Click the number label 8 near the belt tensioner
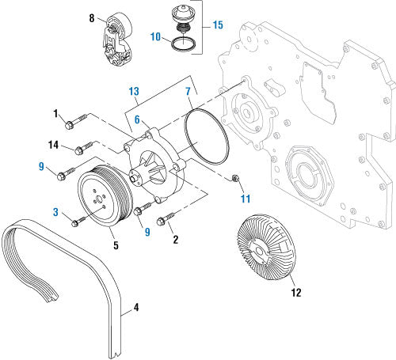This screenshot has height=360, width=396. click(x=92, y=17)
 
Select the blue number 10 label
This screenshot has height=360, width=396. click(x=155, y=36)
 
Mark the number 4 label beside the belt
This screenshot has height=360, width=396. click(x=135, y=307)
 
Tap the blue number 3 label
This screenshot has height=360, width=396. click(x=55, y=211)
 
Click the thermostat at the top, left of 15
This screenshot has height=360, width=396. click(x=185, y=21)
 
